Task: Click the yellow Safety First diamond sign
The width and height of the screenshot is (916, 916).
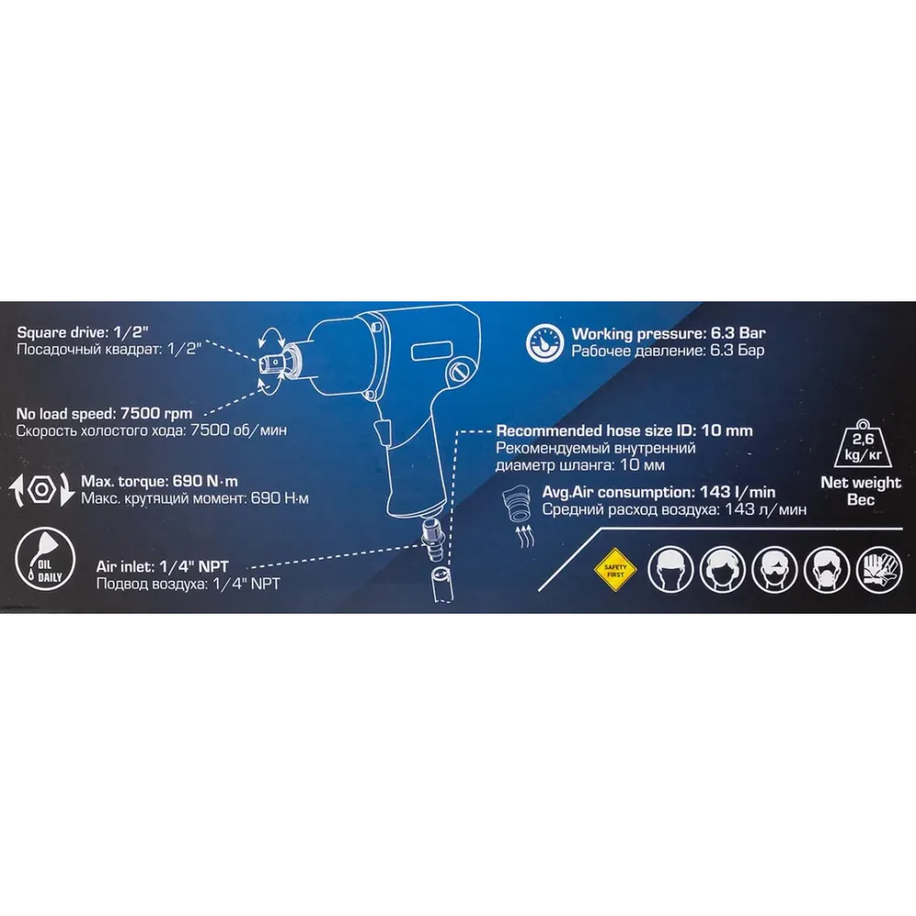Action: tap(616, 570)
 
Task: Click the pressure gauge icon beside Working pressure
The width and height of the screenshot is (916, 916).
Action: tap(544, 343)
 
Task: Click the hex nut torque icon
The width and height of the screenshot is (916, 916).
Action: tap(42, 489)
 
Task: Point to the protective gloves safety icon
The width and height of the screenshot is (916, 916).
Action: tap(878, 570)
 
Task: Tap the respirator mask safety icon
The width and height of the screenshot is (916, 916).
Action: tap(826, 570)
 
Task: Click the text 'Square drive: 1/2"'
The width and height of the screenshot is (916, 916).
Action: tap(82, 333)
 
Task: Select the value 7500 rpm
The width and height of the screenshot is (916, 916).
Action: tap(156, 414)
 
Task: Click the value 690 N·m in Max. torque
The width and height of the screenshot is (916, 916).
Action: tap(205, 482)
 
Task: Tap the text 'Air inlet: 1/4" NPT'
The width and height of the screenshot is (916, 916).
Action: tap(162, 567)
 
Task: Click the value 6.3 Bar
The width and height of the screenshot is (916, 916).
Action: tap(737, 333)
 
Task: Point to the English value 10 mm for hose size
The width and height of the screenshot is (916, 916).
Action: tap(726, 431)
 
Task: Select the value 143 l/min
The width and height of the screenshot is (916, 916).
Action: tap(737, 493)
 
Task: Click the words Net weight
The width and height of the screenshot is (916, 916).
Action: tap(860, 483)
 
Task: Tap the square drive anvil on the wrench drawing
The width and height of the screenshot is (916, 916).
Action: tap(269, 363)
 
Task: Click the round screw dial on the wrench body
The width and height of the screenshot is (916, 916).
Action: tap(459, 372)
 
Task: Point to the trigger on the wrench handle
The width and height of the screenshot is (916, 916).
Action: tap(380, 432)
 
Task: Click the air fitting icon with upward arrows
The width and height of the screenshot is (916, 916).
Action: tap(518, 515)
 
